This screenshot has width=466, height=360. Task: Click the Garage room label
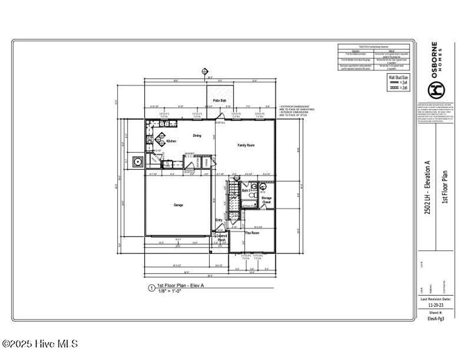(x=178, y=205)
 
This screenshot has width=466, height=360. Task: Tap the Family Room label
(x=246, y=145)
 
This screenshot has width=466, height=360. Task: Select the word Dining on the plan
(x=197, y=136)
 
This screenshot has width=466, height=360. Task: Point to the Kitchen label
(x=171, y=142)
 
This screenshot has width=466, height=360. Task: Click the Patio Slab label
(x=220, y=101)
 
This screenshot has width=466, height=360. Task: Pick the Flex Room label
(x=252, y=233)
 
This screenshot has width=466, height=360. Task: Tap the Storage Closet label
(x=267, y=200)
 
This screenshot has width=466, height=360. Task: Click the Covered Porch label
(x=221, y=238)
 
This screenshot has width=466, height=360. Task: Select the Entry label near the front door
(x=219, y=220)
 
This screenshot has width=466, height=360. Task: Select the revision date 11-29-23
(x=436, y=306)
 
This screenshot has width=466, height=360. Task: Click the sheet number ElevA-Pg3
(x=436, y=319)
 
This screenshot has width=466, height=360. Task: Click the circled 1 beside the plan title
(x=151, y=288)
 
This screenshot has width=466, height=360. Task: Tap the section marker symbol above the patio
(x=205, y=71)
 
